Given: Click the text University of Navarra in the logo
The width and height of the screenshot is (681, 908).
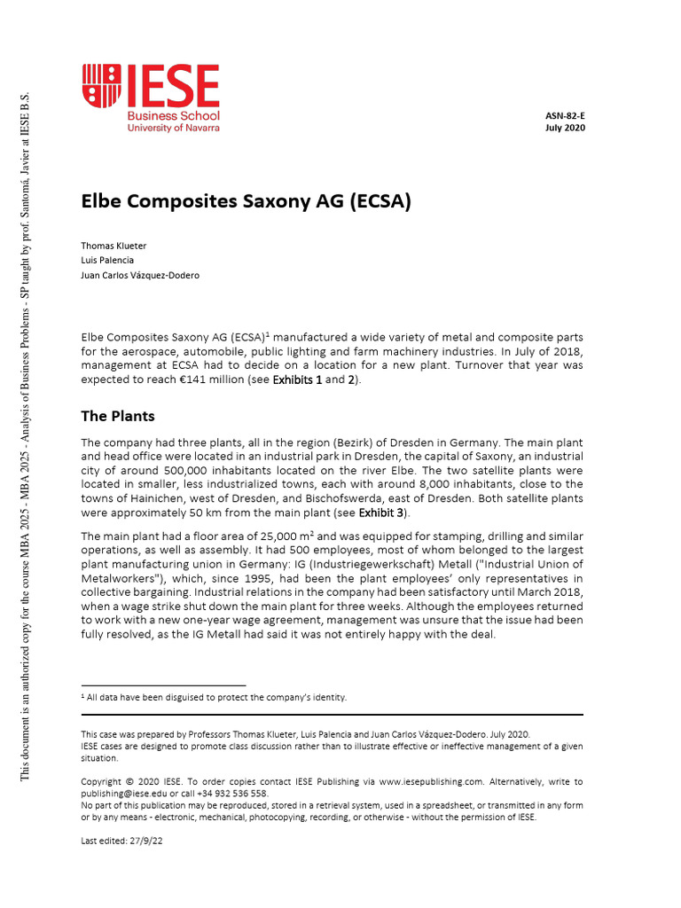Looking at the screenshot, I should (174, 128).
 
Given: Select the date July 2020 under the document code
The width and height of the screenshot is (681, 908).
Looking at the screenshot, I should (565, 128).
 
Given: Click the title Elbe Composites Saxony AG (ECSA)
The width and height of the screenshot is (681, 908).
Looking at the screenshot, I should (247, 201).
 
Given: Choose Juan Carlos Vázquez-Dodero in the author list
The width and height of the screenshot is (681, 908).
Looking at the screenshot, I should (140, 275).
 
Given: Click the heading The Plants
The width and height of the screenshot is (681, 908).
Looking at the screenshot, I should (118, 415).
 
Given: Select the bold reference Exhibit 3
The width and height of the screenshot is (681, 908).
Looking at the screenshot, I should (383, 513).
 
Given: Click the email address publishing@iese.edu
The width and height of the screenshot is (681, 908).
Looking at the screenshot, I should (122, 794).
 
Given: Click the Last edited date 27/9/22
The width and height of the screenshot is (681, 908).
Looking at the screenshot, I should (145, 841).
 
